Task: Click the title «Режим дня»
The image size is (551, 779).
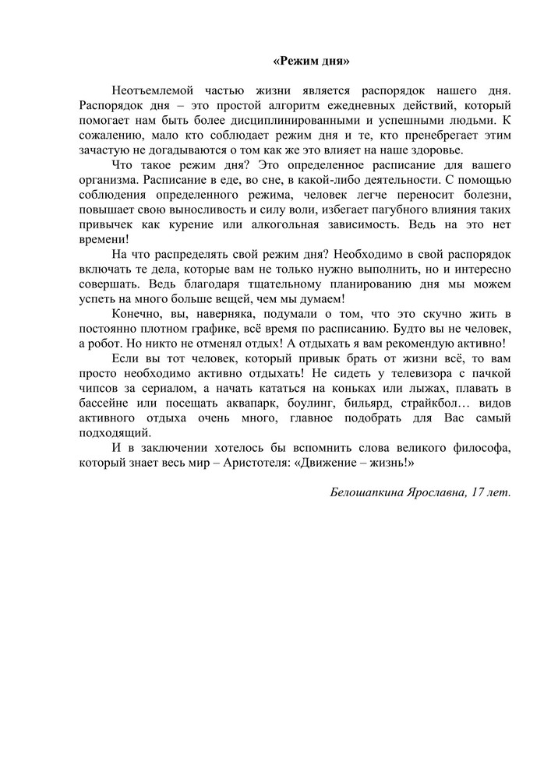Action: coord(311,61)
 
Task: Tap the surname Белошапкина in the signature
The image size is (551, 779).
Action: coord(372,495)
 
